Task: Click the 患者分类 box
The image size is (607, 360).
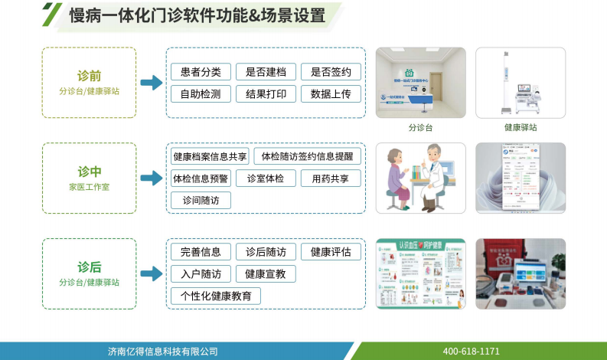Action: click(x=201, y=72)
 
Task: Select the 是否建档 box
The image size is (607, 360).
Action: click(x=266, y=72)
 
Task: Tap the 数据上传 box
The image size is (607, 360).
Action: click(x=331, y=94)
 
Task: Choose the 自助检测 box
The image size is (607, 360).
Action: click(x=201, y=94)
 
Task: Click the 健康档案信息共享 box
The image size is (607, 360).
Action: click(x=210, y=156)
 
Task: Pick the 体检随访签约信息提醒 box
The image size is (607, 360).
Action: click(x=307, y=156)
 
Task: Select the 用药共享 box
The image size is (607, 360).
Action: click(x=331, y=178)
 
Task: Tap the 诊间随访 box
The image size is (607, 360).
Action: click(x=201, y=201)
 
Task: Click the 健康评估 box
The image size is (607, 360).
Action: click(x=331, y=251)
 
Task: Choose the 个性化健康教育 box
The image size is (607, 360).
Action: click(x=215, y=296)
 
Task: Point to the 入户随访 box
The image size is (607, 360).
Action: click(x=201, y=273)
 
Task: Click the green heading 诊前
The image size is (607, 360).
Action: click(x=89, y=77)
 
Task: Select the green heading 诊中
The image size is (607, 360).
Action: click(x=89, y=172)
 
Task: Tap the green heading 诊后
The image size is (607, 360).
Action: click(x=89, y=267)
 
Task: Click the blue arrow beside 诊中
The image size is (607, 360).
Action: click(x=152, y=178)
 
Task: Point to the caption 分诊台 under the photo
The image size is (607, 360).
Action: click(x=420, y=128)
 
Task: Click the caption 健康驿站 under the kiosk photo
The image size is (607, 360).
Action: click(x=521, y=128)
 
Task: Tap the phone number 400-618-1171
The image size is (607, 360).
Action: click(x=471, y=351)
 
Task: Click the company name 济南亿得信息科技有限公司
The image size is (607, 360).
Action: click(x=163, y=351)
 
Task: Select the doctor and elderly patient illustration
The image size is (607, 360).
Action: click(x=420, y=178)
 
